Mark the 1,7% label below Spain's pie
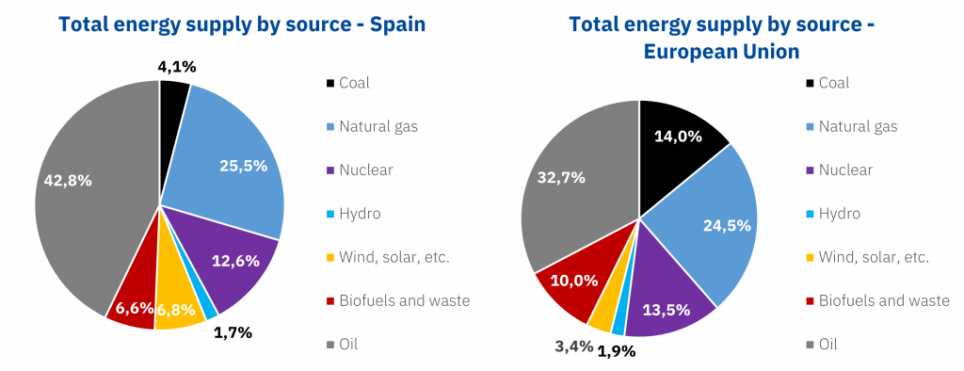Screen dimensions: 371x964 tap(233, 331)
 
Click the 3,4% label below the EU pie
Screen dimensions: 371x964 tap(574, 346)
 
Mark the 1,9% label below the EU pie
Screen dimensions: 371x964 tap(617, 352)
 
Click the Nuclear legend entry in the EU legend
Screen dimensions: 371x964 tap(844, 170)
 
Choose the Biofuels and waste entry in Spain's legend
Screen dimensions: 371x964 tap(404, 301)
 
